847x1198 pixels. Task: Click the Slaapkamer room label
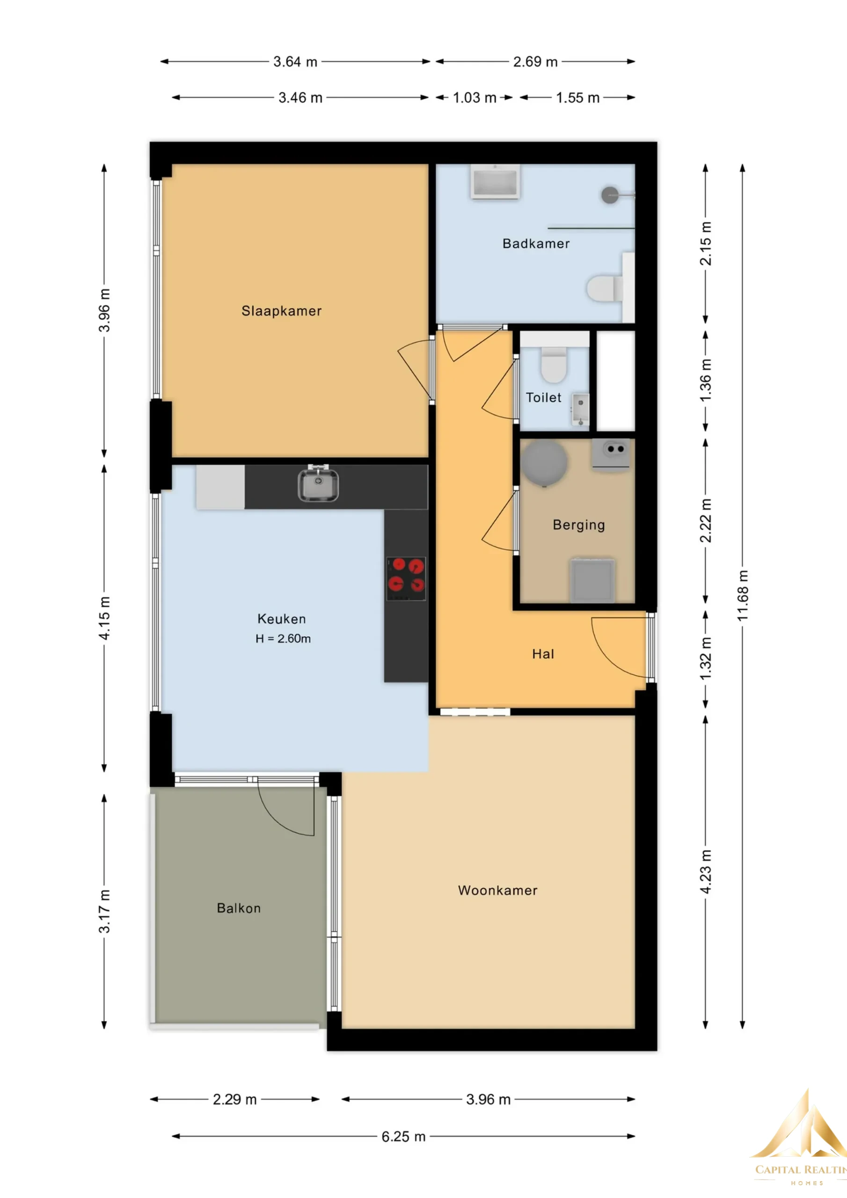click(x=281, y=311)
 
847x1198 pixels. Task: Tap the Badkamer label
click(x=536, y=244)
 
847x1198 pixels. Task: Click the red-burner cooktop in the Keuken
click(x=406, y=579)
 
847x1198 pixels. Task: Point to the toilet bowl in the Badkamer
click(x=604, y=289)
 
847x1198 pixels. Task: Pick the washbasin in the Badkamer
click(x=495, y=182)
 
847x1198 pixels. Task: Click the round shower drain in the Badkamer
click(x=610, y=195)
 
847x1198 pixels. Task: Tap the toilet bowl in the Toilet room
click(x=554, y=364)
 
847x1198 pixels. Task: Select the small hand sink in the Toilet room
click(x=580, y=409)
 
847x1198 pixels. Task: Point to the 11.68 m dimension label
click(x=742, y=595)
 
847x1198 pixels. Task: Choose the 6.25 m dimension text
click(x=403, y=1136)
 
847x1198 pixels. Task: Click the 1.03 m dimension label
click(x=475, y=98)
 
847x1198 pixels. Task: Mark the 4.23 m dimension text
click(x=705, y=872)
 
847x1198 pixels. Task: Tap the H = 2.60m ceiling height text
click(x=283, y=639)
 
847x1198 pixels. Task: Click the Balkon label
click(x=239, y=908)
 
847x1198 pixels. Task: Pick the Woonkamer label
click(x=497, y=891)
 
